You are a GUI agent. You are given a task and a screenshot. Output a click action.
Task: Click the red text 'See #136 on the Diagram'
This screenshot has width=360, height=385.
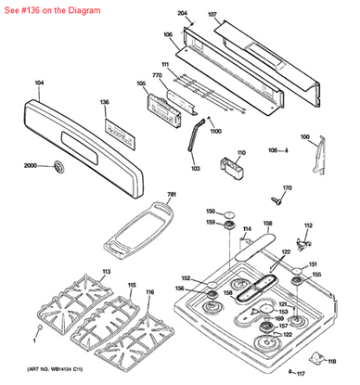click(x=56, y=9)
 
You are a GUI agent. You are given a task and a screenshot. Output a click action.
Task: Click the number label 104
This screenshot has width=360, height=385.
click(x=39, y=83)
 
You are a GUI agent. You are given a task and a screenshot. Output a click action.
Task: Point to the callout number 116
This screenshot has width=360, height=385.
click(x=149, y=292)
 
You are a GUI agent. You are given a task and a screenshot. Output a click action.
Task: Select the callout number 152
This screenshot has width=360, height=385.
click(x=186, y=278)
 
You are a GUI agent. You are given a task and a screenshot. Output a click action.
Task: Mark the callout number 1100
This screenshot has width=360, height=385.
click(x=215, y=131)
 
